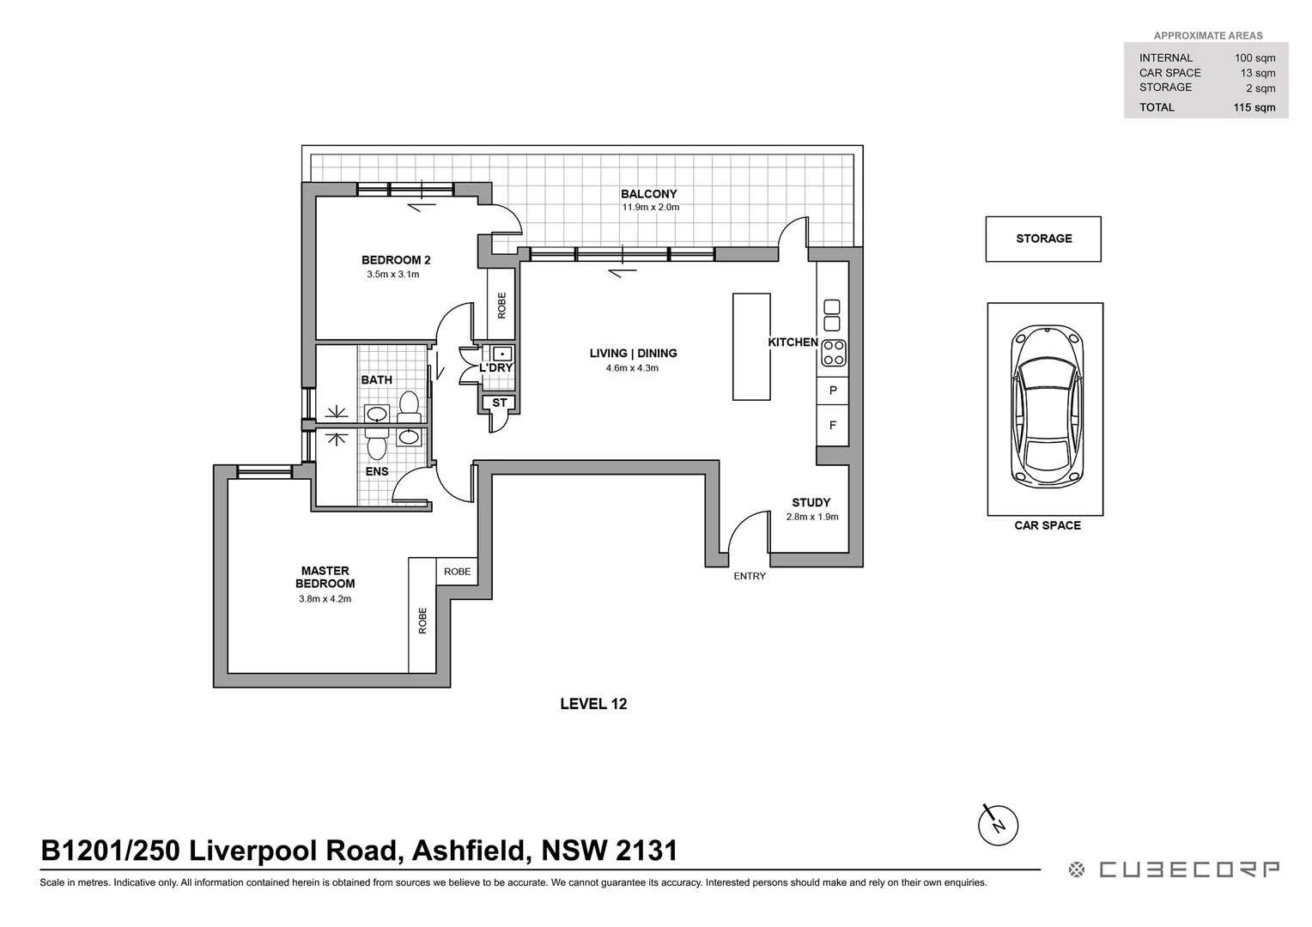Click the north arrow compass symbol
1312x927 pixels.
998,825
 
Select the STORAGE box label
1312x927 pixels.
1043,239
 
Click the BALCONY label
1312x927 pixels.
649,194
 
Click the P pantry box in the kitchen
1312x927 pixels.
833,391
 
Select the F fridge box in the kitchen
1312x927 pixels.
833,426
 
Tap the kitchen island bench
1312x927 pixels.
751,347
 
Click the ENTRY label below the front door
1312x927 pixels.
749,576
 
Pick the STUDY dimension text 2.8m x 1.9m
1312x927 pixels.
812,517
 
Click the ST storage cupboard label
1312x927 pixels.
499,403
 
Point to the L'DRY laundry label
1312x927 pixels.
495,367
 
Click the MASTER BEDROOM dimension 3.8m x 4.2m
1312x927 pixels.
325,599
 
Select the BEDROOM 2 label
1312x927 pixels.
395,260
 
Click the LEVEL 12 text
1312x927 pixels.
593,704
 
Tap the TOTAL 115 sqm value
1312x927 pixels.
1254,108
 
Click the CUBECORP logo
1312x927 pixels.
1174,869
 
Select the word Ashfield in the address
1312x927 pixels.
468,851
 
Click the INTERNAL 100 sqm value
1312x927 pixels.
1254,58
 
